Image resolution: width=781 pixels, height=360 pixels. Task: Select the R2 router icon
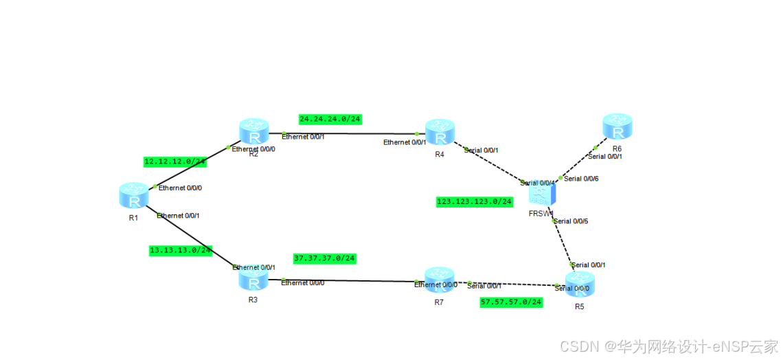[253, 132]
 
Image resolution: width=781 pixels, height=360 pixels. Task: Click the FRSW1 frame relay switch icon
[541, 193]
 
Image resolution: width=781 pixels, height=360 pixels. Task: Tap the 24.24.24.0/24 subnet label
[330, 119]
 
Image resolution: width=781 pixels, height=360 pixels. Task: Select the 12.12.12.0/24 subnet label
[174, 161]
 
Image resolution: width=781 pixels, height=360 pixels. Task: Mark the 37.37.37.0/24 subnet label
[324, 258]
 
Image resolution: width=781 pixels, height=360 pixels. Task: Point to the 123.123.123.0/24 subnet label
[475, 201]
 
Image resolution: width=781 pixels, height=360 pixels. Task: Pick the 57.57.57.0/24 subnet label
[511, 302]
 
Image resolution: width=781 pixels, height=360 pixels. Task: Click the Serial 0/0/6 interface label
[581, 179]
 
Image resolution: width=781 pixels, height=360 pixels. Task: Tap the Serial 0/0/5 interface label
[571, 221]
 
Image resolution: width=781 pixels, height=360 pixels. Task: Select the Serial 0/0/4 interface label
[538, 183]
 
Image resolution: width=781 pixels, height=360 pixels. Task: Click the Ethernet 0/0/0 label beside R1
[180, 188]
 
